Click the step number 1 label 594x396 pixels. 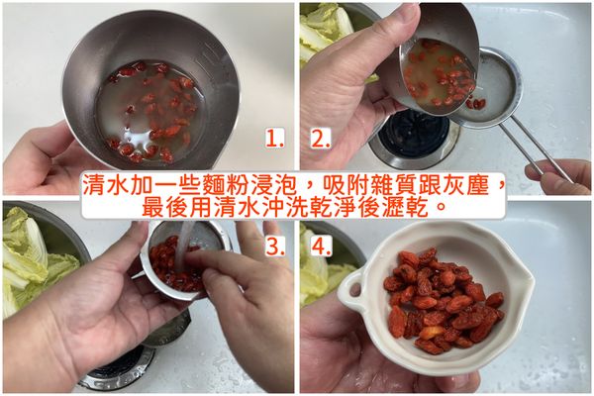click(x=274, y=139)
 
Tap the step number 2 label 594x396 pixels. click(x=321, y=139)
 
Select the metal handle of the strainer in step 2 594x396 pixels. click(x=535, y=148)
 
